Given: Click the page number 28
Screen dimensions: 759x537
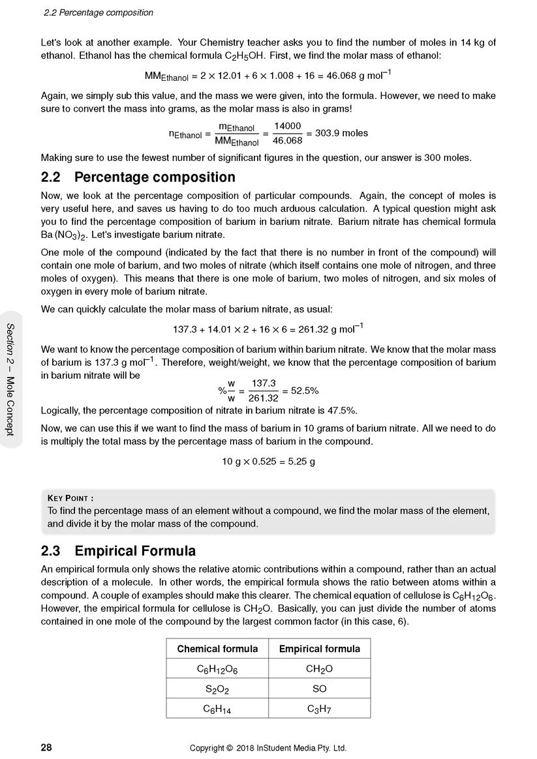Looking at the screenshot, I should pos(46,748).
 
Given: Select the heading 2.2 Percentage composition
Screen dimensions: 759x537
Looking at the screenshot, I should pos(138,177).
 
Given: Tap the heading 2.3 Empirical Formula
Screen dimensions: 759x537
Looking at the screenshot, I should pos(118,551).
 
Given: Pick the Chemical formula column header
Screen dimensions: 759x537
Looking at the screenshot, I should pos(217,649).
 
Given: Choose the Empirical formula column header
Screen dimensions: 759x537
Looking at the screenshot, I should pos(319,649).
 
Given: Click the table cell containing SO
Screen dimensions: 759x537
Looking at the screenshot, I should pos(319,689).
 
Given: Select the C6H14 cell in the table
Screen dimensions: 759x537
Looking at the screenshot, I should pos(217,709).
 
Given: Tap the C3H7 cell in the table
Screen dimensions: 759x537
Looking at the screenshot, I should pos(319,709).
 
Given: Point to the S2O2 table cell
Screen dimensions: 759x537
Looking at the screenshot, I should pos(217,689).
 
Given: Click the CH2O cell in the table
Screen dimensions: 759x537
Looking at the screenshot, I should pos(319,669).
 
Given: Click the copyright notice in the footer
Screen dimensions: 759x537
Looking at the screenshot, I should pos(268,748).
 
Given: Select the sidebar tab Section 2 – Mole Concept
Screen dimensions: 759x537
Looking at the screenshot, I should pos(11,379).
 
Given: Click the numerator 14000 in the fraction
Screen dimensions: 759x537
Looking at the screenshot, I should pos(287,126).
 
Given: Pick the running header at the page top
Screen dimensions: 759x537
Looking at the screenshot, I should pos(98,12).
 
